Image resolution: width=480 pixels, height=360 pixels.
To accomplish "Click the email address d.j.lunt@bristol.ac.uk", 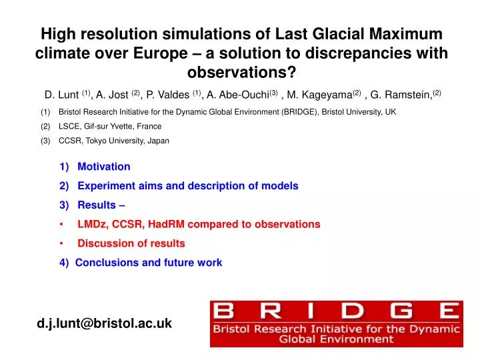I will pos(104,323).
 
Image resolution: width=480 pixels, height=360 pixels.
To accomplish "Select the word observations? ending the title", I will pos(240,73).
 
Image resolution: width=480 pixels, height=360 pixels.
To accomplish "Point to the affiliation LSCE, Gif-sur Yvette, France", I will pos(110,126).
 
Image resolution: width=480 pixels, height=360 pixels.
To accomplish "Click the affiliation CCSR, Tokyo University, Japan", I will pos(114,141).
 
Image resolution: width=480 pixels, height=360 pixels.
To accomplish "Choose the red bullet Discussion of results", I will pos(131,243).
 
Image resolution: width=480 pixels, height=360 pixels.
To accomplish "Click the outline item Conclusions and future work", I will pos(149,263).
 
